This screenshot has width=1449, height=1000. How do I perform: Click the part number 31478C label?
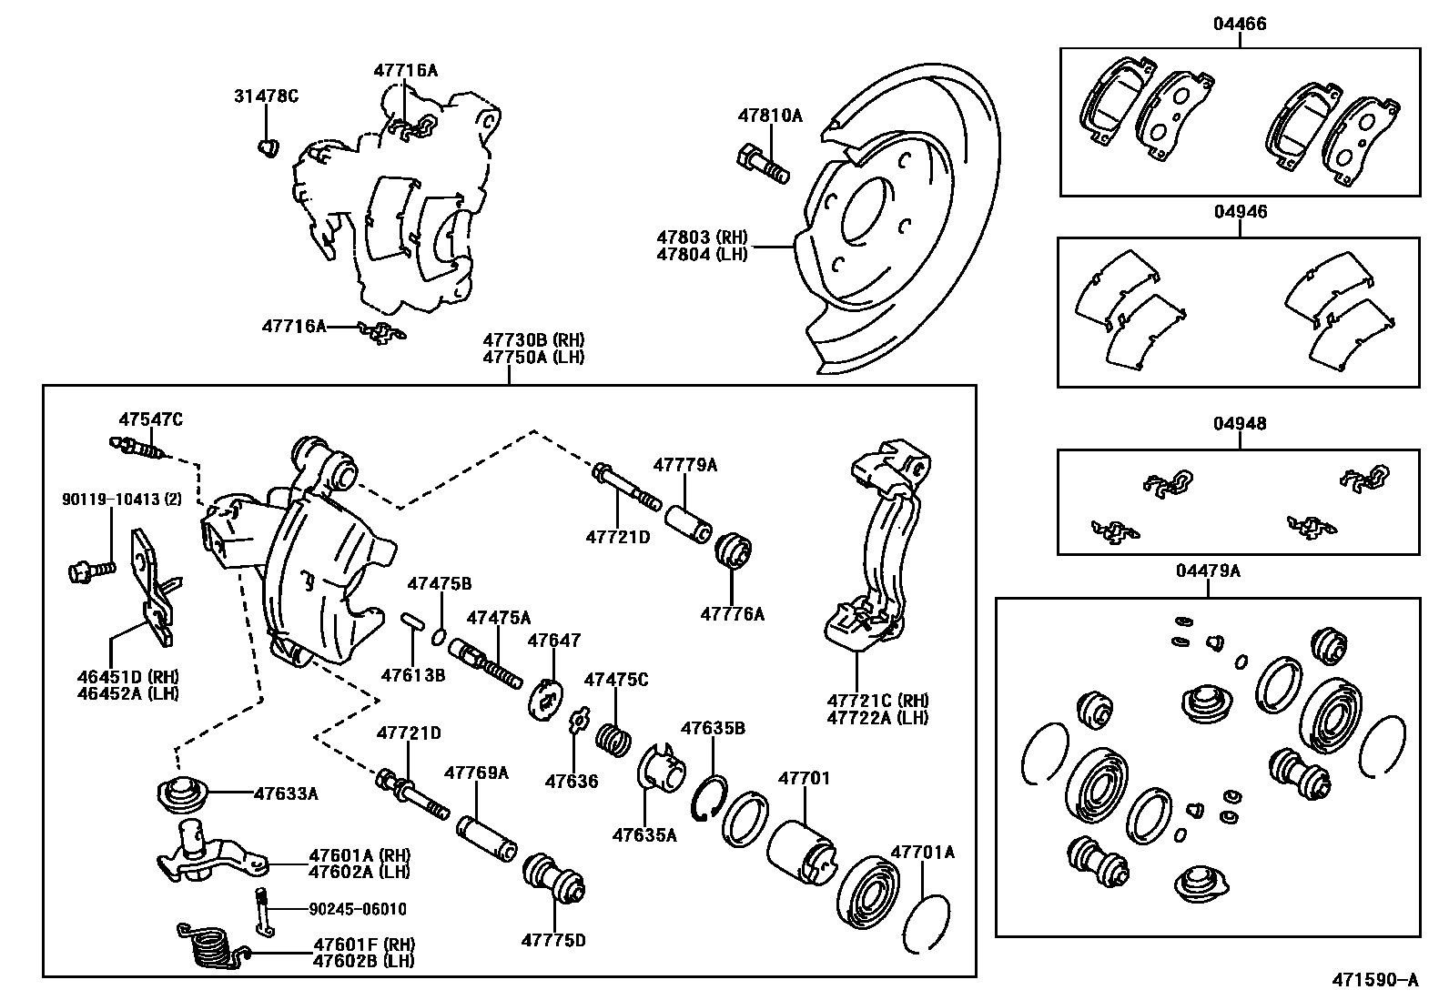tap(266, 96)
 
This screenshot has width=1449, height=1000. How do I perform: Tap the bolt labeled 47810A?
tap(763, 165)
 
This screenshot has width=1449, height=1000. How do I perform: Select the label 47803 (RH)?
tap(702, 237)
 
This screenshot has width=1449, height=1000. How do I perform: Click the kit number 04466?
tap(1239, 25)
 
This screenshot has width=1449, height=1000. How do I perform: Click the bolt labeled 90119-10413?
tap(90, 571)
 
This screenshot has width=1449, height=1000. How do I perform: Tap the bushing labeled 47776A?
tap(735, 552)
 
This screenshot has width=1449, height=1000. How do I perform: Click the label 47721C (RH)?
tap(877, 701)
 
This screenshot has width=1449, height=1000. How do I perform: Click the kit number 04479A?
tap(1208, 571)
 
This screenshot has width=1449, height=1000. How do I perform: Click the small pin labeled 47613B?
tap(411, 621)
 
